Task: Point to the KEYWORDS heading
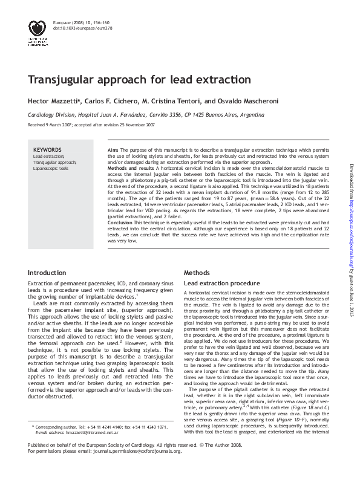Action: pos(47,149)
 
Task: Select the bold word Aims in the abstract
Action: pos(113,149)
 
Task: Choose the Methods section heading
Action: pos(197,273)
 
